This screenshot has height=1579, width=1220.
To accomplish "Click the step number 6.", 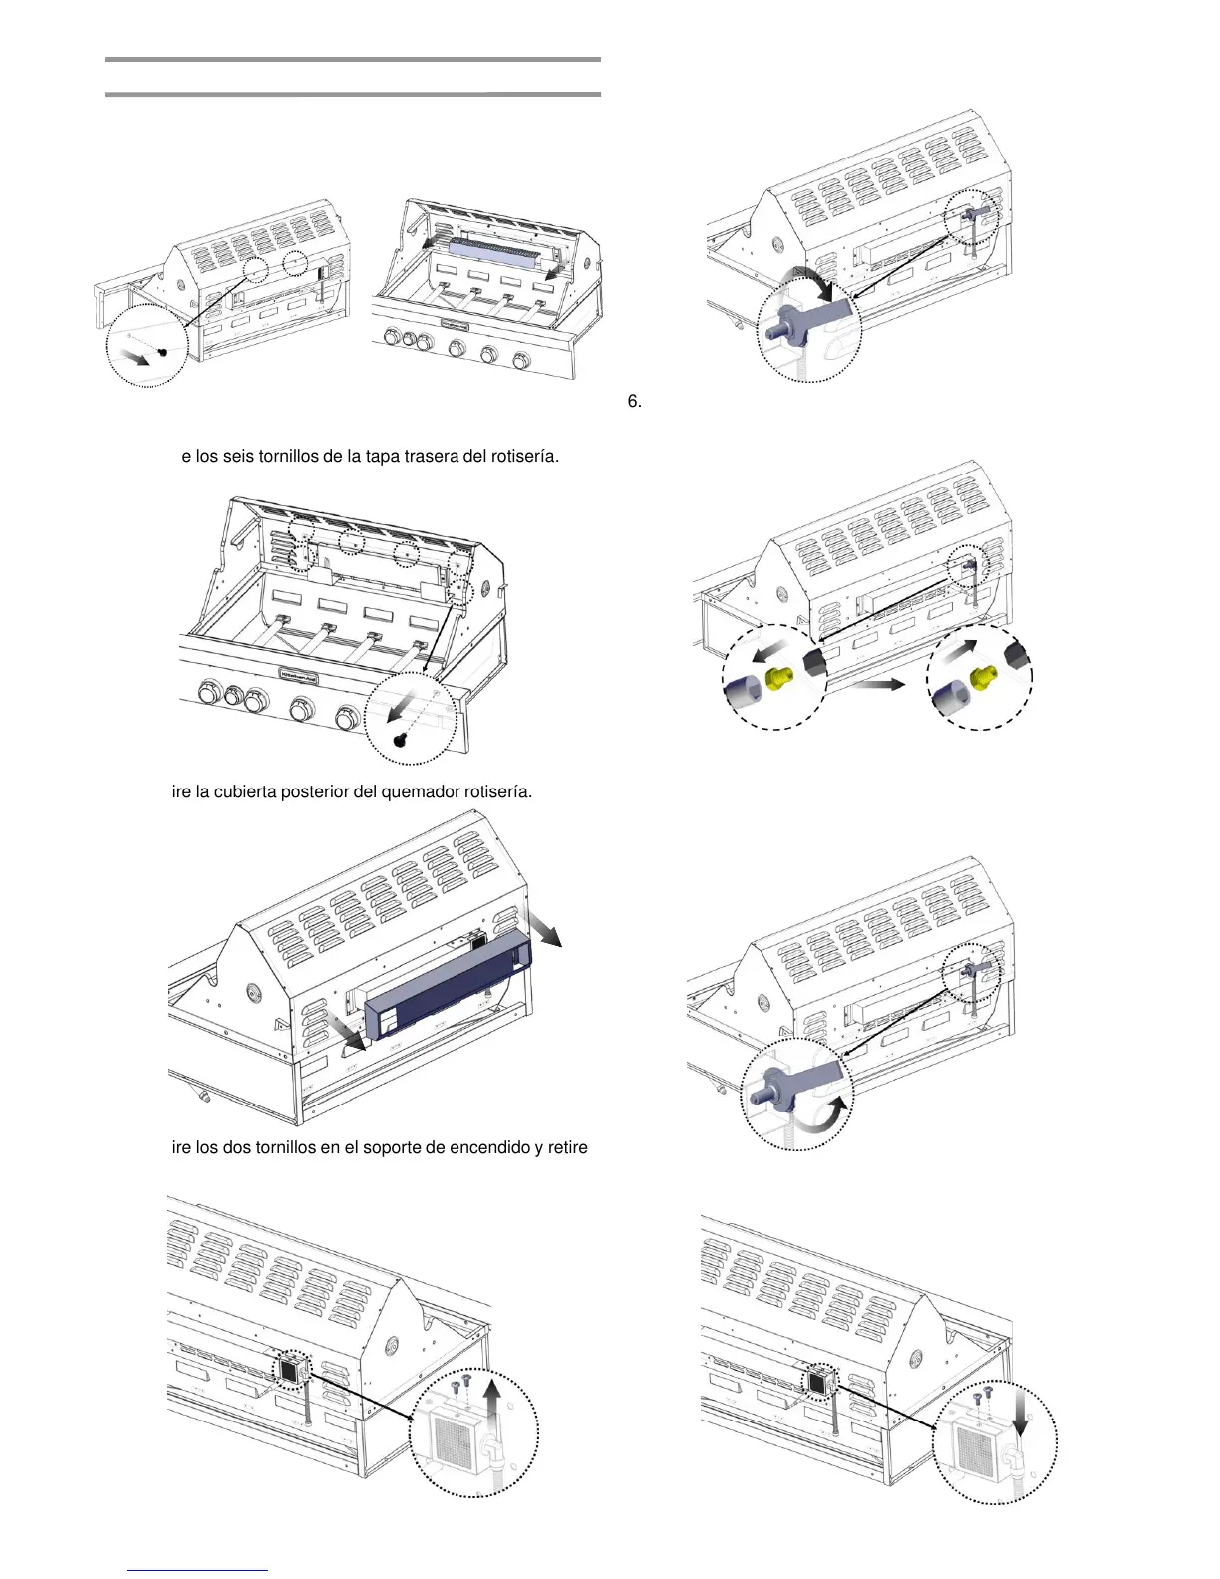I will click(634, 401).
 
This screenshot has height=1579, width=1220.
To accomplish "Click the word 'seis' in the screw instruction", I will click(239, 457).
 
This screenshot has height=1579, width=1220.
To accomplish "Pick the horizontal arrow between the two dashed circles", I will click(876, 684).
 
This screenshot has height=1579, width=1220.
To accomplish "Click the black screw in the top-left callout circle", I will click(161, 352).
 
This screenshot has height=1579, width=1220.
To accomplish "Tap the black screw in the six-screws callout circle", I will click(400, 739).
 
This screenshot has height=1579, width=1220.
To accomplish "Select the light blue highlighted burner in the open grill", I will click(498, 253).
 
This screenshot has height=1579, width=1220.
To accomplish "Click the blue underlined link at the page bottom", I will click(197, 1571).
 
